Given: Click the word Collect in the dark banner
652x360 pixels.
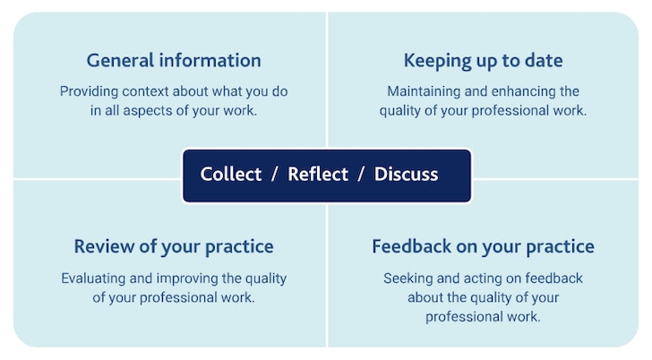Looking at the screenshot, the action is tap(231, 175).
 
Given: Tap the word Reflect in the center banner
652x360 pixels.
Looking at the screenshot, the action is tap(318, 175).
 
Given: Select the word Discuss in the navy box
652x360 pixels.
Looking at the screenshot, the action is tap(406, 175).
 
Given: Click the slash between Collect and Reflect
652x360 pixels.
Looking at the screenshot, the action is tap(274, 175).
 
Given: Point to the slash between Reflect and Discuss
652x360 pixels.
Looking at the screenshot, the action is tap(361, 175).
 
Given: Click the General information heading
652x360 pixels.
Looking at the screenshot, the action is tap(174, 61).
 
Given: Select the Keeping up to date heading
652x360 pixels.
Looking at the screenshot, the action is tap(484, 61).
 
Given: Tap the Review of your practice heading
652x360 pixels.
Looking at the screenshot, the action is tap(174, 247).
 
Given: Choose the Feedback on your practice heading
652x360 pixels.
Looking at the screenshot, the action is tap(484, 247).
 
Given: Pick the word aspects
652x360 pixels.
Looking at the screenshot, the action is tap(147, 111).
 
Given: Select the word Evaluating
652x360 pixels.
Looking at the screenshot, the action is tap(93, 279).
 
